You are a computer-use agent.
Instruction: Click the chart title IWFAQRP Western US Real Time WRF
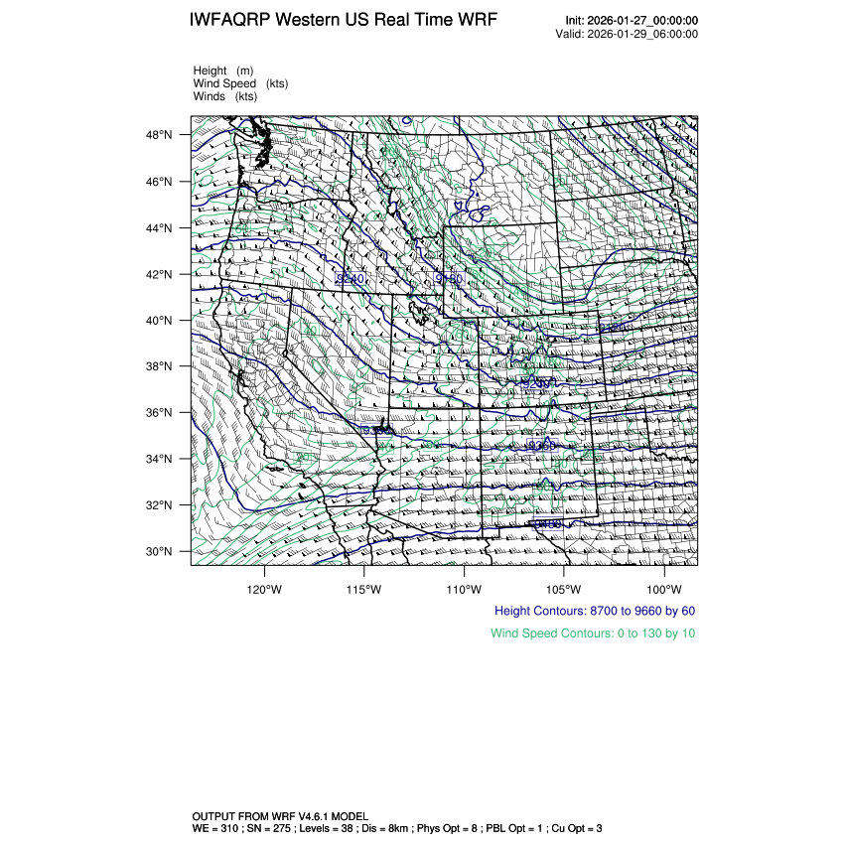[343, 21]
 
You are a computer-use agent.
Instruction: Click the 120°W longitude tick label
[264, 586]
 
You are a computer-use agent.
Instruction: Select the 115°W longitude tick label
[364, 586]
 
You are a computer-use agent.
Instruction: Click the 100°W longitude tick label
[663, 586]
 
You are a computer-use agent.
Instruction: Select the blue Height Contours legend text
[595, 612]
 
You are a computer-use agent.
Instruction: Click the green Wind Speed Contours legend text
[593, 633]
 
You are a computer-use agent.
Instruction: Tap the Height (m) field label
[223, 70]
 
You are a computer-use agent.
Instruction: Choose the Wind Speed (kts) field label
[240, 83]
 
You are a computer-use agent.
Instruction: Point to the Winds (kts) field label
[225, 96]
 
